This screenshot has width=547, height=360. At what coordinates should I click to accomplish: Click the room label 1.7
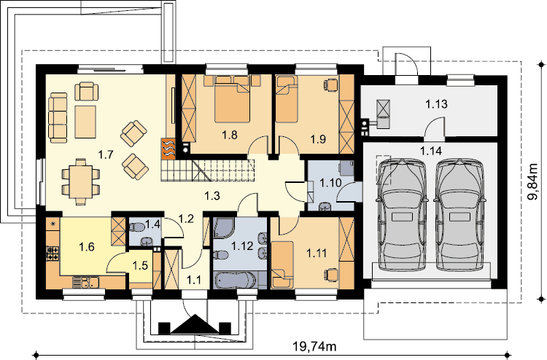(105, 154)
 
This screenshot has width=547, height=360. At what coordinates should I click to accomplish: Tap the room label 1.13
(436, 104)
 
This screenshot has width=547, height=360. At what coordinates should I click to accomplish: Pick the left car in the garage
(403, 215)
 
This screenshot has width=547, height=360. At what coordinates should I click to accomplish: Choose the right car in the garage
(459, 215)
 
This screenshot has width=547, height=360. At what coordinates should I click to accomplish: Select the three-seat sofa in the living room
(58, 118)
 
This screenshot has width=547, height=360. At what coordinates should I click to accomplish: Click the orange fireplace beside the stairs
(168, 149)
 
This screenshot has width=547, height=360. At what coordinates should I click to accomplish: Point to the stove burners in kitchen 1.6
(53, 254)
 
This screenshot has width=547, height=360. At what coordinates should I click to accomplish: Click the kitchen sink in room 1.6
(86, 282)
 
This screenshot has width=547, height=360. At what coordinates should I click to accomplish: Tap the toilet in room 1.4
(136, 228)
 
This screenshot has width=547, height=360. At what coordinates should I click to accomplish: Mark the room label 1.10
(330, 183)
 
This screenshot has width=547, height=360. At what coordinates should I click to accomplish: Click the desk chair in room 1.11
(331, 275)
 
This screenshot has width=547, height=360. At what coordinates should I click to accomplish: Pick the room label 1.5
(140, 265)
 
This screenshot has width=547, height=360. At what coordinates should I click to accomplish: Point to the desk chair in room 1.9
(330, 85)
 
